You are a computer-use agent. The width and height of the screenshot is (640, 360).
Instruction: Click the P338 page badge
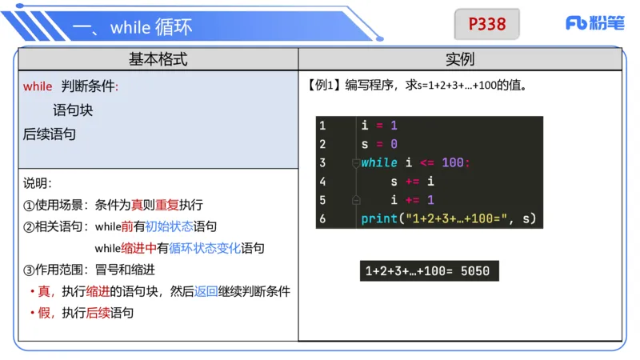coord(487,24)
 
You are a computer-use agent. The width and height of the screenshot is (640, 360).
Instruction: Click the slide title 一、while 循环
coord(132,27)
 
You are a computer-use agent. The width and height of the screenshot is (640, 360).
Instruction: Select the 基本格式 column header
coord(158,59)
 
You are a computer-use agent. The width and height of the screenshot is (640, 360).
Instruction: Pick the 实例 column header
coord(460,59)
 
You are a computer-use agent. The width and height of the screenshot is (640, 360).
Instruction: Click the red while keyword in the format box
coord(38,86)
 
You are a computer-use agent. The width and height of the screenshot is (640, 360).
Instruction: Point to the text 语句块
coord(74,110)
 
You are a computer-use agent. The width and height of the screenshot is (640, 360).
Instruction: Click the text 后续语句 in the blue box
coord(50,134)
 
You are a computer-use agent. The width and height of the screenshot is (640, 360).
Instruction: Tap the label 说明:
coord(37,183)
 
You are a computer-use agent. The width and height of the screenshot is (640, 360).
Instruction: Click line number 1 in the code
coord(322,126)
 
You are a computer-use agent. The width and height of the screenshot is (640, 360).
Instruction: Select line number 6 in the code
coord(322,218)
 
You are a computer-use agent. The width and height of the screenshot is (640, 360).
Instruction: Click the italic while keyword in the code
coord(378,162)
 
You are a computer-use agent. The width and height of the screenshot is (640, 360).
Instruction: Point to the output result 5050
coord(474,271)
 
